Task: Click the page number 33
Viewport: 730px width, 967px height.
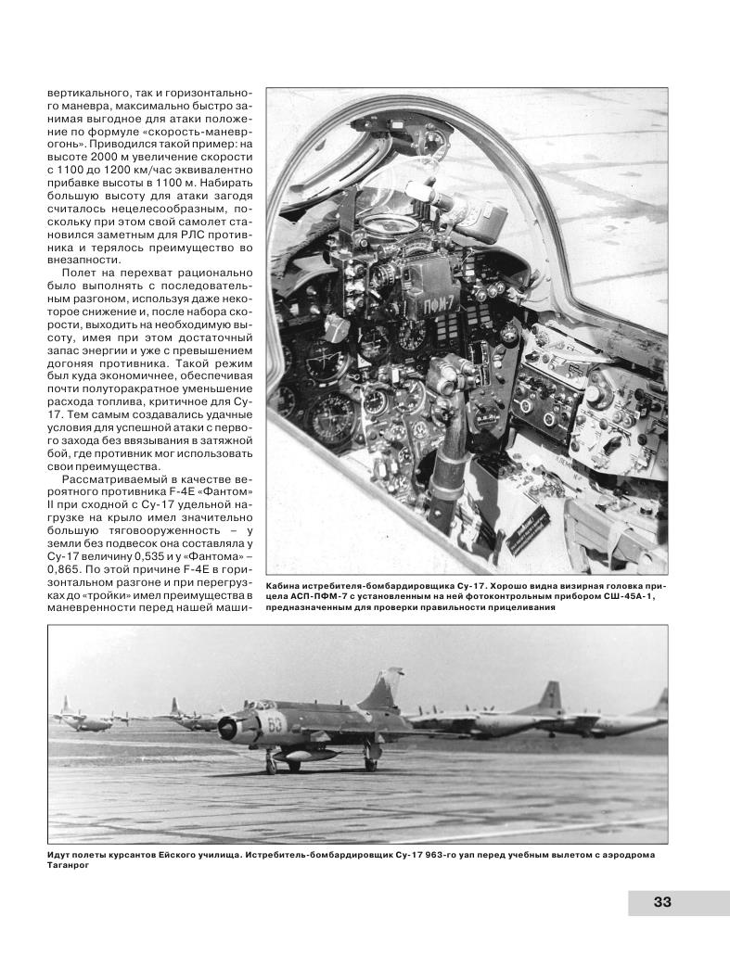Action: pos(661,902)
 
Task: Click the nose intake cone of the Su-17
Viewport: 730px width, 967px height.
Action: pos(225,732)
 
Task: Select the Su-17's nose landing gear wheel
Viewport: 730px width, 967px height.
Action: pos(271,767)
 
